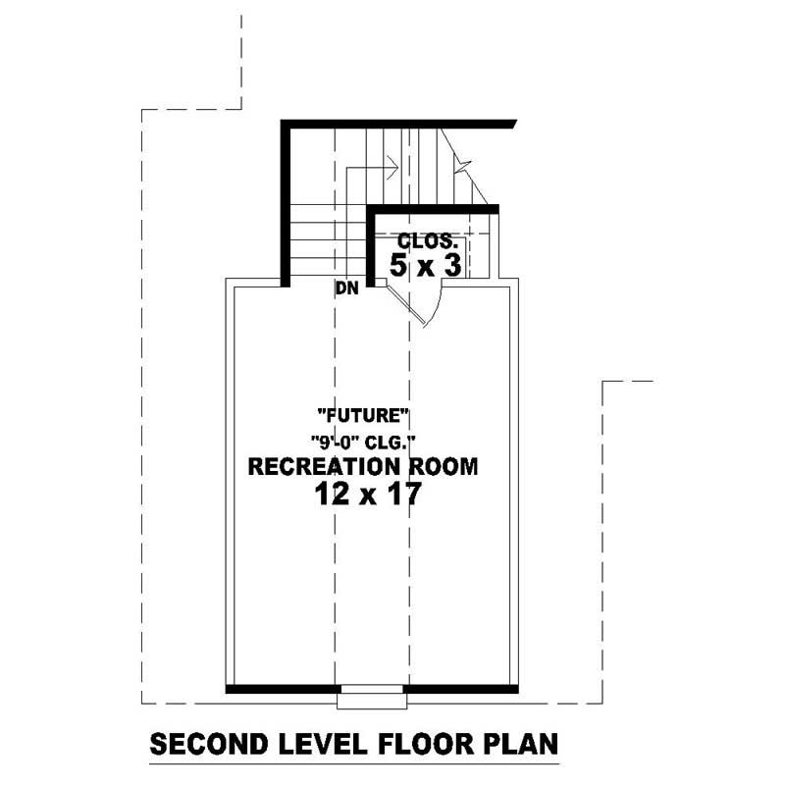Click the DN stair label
pos(346,288)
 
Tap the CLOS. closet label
pos(427,240)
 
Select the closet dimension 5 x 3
pos(427,265)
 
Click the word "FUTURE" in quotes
pos(363,415)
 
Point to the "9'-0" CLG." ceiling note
pos(363,441)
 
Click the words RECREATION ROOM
pos(363,467)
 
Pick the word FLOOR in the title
pos(420,745)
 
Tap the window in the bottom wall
pos(371,697)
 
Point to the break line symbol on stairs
pos(461,162)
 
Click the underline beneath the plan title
pos(353,763)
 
